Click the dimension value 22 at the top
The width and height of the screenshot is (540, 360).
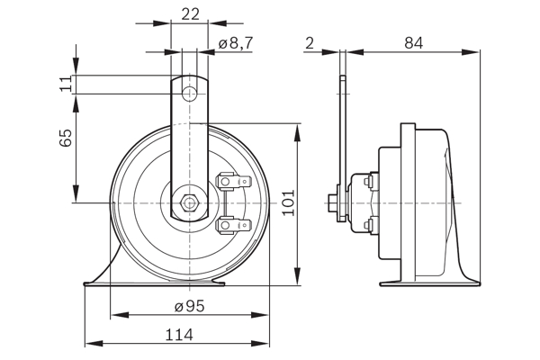click(x=189, y=14)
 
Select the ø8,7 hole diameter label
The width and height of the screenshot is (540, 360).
click(x=236, y=43)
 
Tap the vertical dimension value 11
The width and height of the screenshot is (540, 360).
click(x=65, y=84)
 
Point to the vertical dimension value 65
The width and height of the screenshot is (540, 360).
click(x=65, y=139)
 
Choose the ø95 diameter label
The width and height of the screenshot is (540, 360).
click(x=189, y=306)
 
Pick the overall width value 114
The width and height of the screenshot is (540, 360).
click(x=179, y=334)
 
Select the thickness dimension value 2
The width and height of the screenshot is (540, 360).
click(x=310, y=42)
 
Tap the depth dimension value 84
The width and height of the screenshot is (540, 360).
click(x=413, y=42)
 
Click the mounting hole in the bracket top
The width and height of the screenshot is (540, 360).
click(x=189, y=94)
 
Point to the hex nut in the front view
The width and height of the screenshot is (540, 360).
click(x=189, y=202)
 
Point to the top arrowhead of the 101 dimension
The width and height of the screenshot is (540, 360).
click(x=298, y=131)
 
